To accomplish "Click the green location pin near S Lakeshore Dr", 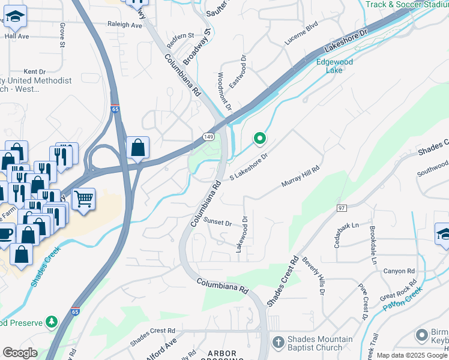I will coord(259,139).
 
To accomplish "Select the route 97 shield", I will coord(342,208).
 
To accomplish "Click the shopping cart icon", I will coord(83,198).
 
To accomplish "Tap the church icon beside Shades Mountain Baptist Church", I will coord(277,342).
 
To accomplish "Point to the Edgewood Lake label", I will coord(334,66).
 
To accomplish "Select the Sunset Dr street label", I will coord(218,222).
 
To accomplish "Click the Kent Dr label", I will coord(34,71).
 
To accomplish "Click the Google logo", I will coord(20,353).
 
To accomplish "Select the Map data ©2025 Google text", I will coord(411,355).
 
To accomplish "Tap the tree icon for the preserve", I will coord(52,322).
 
